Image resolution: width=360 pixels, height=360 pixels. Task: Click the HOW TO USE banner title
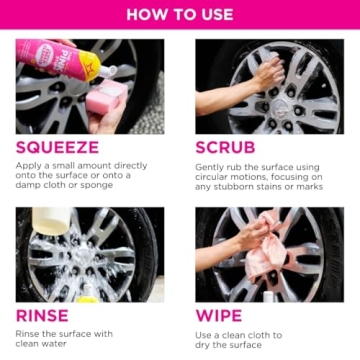click(x=179, y=16)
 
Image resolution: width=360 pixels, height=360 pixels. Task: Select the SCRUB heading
click(x=227, y=147)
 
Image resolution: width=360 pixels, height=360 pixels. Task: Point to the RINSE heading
click(x=42, y=315)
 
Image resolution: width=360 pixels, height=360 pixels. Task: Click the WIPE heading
click(x=218, y=315)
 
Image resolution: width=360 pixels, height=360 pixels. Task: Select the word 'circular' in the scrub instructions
click(x=217, y=176)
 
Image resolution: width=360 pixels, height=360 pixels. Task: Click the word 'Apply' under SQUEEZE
click(x=29, y=165)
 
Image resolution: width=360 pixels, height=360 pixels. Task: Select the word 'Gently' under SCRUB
click(x=211, y=165)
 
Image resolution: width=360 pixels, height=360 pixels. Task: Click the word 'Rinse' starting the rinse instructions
click(x=29, y=333)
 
